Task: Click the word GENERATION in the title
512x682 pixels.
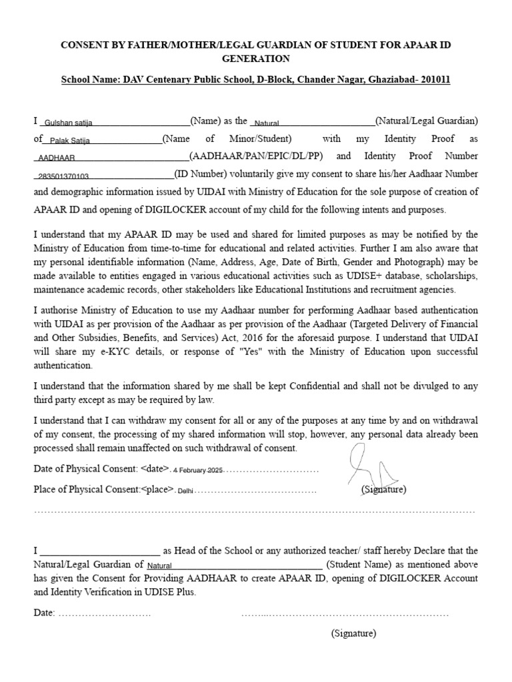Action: [x=255, y=59]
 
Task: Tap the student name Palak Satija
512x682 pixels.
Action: [x=70, y=141]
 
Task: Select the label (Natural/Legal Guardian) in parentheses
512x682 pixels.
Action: [x=427, y=121]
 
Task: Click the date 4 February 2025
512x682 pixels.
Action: [x=197, y=470]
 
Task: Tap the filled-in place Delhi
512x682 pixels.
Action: [x=185, y=490]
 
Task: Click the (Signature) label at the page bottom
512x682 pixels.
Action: [x=353, y=633]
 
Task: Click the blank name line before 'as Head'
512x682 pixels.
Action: [x=100, y=551]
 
